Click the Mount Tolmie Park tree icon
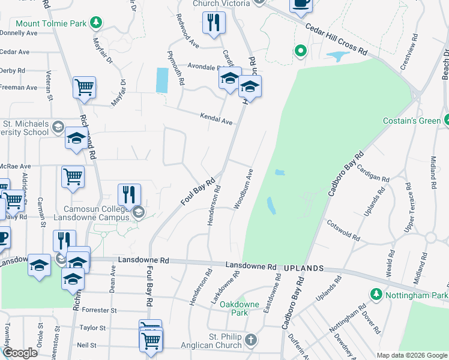click(x=95, y=23)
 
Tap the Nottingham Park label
click(x=416, y=295)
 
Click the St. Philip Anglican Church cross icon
click(x=251, y=341)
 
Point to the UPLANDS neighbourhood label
click(x=304, y=268)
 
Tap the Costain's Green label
click(x=412, y=121)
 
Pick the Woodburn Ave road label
click(x=246, y=188)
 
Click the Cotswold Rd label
click(x=343, y=230)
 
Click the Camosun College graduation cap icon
click(x=139, y=212)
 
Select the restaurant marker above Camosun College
click(x=129, y=194)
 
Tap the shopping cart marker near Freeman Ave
click(x=85, y=87)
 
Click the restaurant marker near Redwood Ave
click(x=214, y=22)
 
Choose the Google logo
click(x=20, y=353)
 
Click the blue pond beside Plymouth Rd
click(x=162, y=80)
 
